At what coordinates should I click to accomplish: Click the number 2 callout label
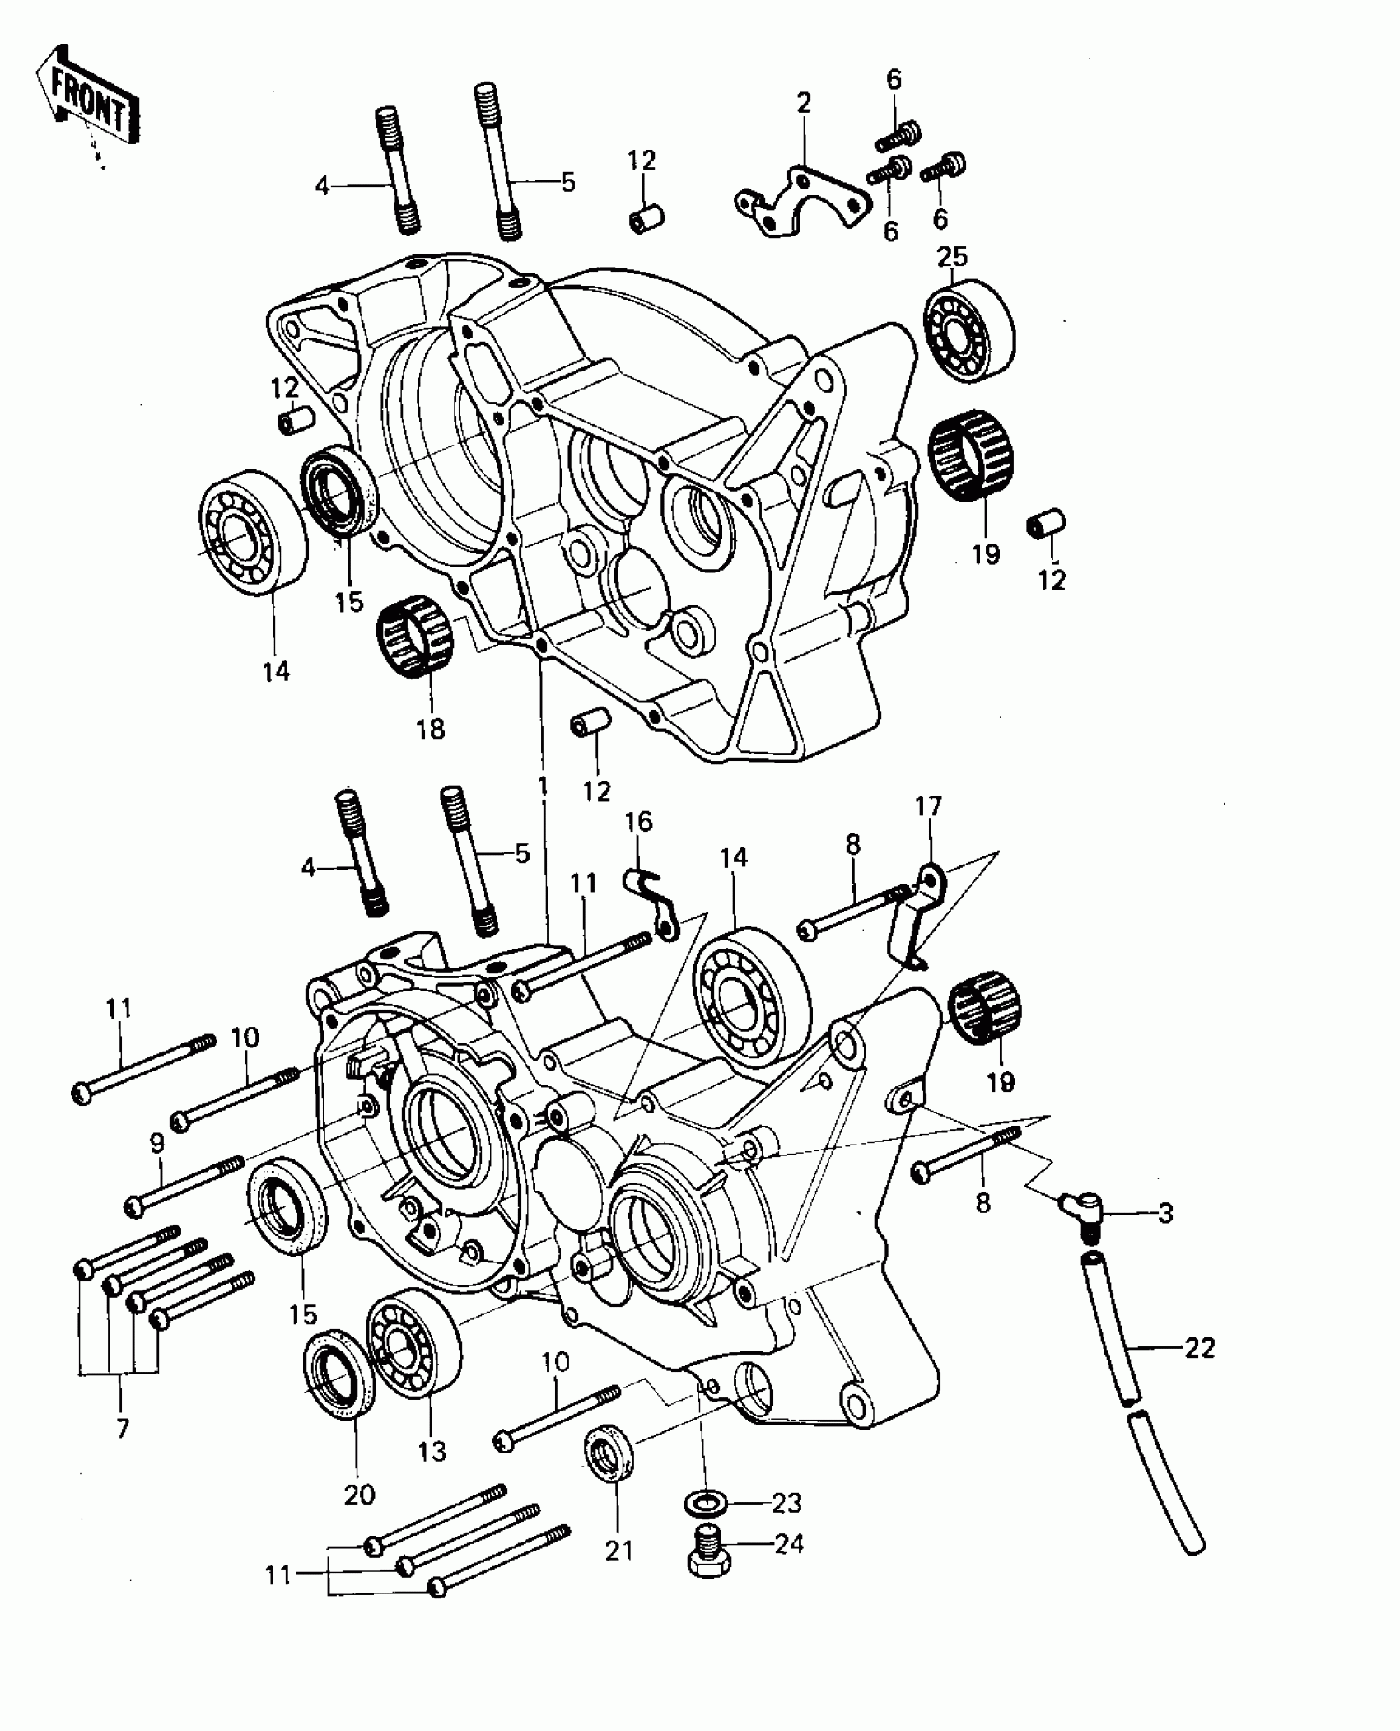(x=804, y=104)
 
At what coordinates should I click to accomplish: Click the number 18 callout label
(x=431, y=729)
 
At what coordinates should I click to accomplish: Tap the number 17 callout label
(x=928, y=806)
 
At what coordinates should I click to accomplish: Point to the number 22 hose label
(x=1199, y=1348)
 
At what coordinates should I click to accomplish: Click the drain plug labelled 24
(x=707, y=1552)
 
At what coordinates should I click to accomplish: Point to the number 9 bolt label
(x=156, y=1144)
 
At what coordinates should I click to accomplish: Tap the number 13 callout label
(x=432, y=1450)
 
